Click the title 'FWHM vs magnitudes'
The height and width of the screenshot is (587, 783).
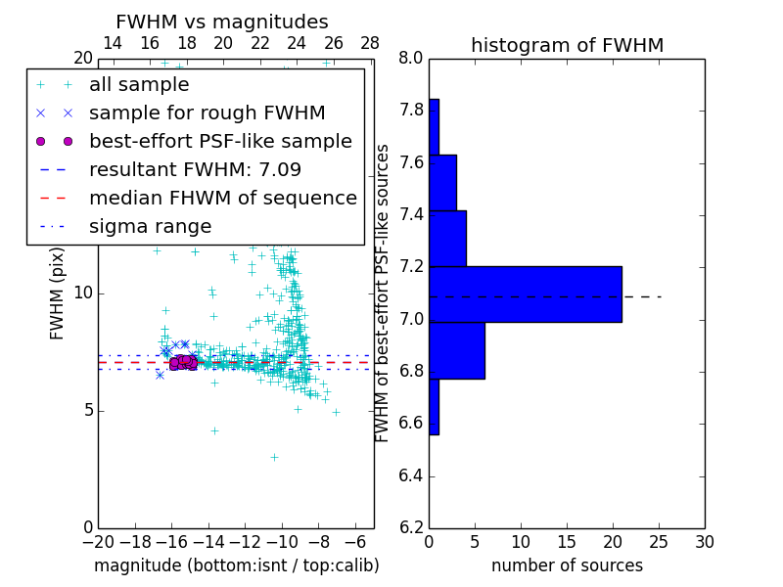click(221, 22)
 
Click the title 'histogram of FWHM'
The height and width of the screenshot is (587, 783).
click(567, 45)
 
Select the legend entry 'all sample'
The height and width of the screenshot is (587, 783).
click(139, 85)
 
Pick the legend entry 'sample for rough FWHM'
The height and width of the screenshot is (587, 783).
click(207, 113)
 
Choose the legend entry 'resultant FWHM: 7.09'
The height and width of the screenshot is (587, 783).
click(195, 169)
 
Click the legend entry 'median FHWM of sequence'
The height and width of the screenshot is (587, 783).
click(222, 198)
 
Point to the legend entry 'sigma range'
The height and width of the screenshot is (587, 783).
click(150, 226)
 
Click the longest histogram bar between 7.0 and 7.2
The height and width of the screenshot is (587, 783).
click(525, 293)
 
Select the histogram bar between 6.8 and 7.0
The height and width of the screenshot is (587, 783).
click(456, 350)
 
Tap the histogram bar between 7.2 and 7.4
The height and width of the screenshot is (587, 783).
click(447, 238)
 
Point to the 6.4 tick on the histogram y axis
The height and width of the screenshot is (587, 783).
click(410, 476)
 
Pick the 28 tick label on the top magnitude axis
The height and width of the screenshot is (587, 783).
click(370, 43)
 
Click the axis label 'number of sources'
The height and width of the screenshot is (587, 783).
click(567, 565)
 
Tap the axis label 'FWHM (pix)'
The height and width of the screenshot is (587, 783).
click(57, 292)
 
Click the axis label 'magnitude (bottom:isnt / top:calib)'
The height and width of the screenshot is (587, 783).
click(236, 565)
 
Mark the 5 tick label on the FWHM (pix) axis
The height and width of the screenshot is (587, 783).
click(86, 410)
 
